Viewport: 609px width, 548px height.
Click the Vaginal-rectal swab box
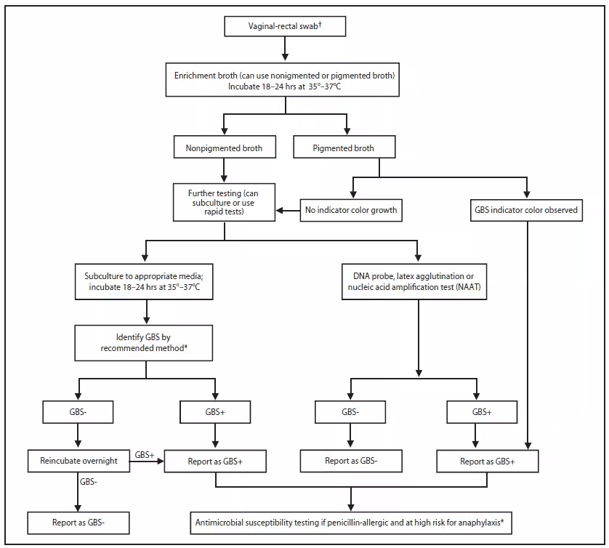click(x=284, y=28)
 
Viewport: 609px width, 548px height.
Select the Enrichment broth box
click(x=284, y=81)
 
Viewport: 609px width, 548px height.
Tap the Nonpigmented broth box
click(x=223, y=148)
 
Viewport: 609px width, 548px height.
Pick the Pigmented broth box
click(x=344, y=148)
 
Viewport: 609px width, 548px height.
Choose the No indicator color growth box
click(x=352, y=211)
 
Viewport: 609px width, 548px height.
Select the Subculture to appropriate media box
click(x=147, y=282)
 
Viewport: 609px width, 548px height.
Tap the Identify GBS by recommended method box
click(x=147, y=342)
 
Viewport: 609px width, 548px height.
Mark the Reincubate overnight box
click(x=78, y=460)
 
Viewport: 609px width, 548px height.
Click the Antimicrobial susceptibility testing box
click(x=352, y=522)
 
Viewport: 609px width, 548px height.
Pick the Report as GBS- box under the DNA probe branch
click(x=352, y=460)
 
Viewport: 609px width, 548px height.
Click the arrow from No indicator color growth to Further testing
click(x=287, y=211)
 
